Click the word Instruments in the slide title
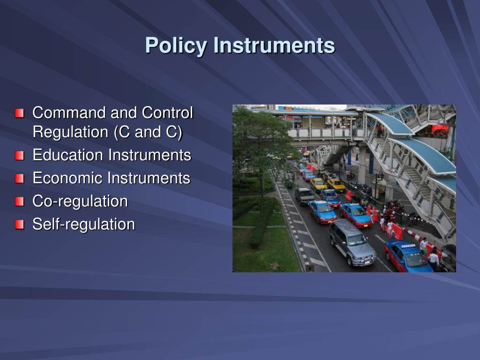coord(274,46)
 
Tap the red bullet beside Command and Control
coord(19,113)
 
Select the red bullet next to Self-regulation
coord(19,225)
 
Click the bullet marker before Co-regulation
coord(19,202)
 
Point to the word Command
coord(69,113)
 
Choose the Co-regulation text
coord(80,202)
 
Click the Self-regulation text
coord(83,225)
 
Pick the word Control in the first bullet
coord(167,113)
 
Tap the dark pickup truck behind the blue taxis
coord(305,196)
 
